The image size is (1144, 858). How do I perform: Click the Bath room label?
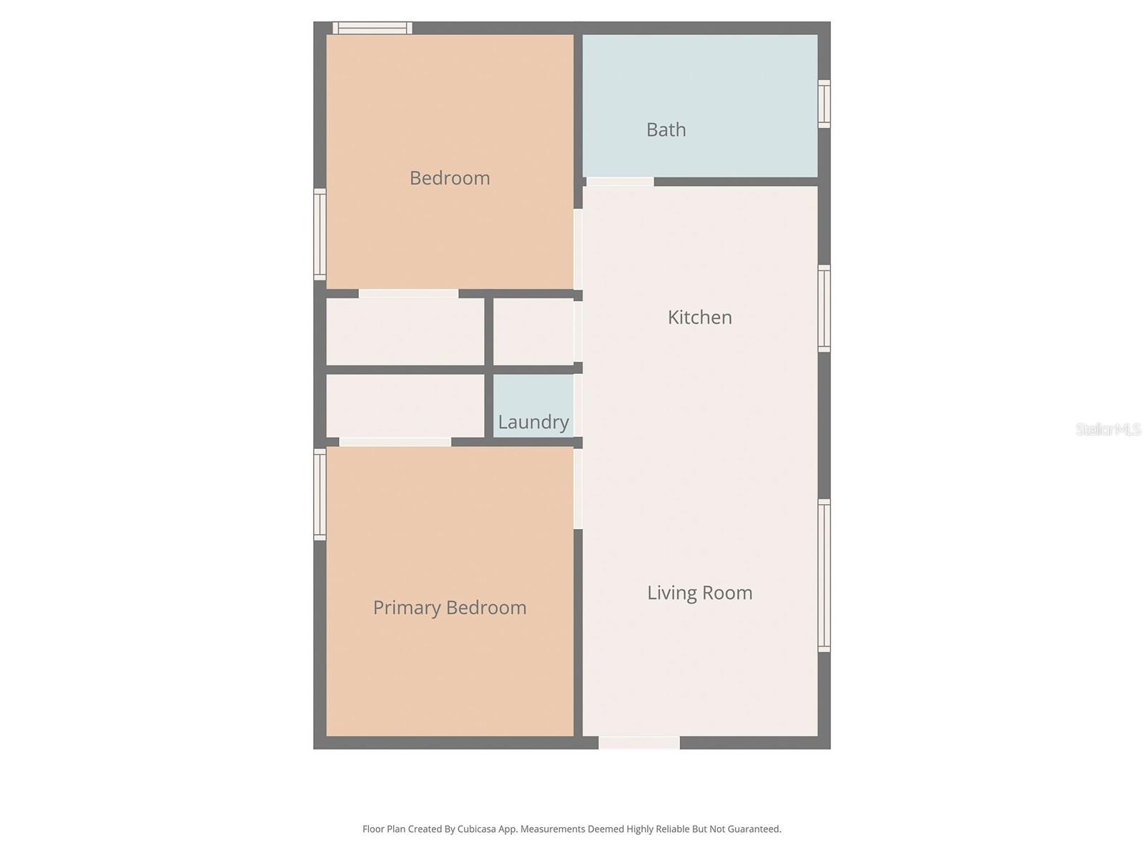tap(666, 129)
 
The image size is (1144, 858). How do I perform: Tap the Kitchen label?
tap(699, 317)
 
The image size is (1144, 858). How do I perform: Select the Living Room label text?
tap(699, 593)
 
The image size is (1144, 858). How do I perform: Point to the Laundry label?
tap(533, 422)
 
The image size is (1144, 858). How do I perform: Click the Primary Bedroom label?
tap(450, 608)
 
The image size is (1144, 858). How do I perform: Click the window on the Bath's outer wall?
tap(824, 104)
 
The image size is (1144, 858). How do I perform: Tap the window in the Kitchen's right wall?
tap(824, 308)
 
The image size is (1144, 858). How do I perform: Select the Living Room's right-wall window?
tap(824, 576)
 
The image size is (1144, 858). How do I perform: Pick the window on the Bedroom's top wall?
tap(373, 29)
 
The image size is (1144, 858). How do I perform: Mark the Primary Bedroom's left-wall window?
tap(320, 494)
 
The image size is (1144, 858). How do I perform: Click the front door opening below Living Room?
tap(638, 743)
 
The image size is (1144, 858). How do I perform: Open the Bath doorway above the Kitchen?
tap(620, 182)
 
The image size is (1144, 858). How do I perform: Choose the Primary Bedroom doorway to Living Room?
tap(578, 488)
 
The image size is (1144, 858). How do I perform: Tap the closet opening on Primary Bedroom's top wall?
tap(395, 442)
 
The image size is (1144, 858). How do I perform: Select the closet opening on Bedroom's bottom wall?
tap(408, 293)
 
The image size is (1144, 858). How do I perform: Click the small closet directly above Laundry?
tap(533, 332)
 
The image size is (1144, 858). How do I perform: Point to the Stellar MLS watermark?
tap(1108, 429)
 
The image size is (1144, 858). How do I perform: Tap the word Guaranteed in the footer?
tap(754, 829)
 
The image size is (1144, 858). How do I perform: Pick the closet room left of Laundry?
tap(405, 405)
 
